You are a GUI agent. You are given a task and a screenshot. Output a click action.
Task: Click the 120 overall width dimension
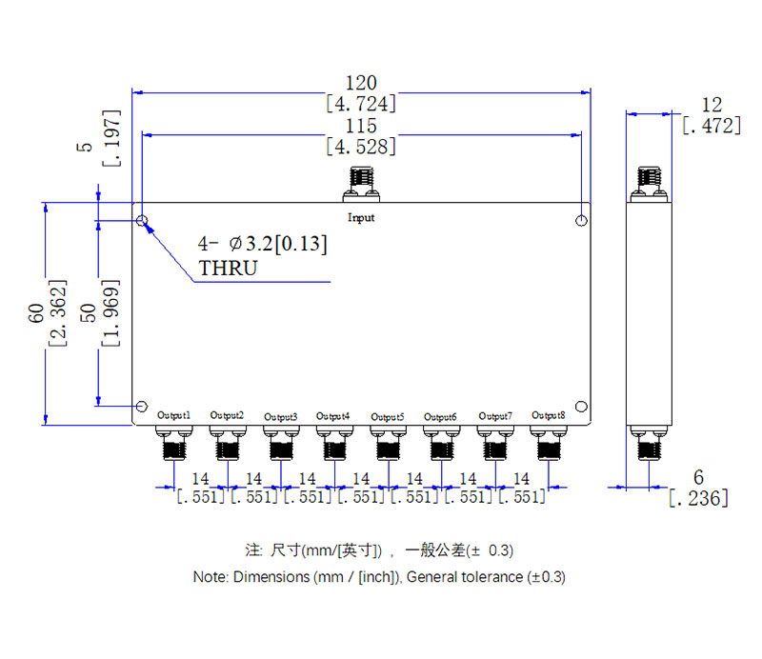(x=361, y=82)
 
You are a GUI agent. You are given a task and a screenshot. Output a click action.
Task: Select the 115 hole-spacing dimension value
(x=361, y=126)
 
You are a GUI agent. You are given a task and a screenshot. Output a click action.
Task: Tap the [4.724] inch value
(x=361, y=103)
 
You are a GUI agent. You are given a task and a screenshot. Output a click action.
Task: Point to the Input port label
(x=361, y=218)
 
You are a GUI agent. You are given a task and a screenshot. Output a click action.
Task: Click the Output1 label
(x=174, y=416)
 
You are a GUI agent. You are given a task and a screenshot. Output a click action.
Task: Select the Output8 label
(x=549, y=415)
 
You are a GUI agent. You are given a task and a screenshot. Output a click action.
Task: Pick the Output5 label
(x=388, y=416)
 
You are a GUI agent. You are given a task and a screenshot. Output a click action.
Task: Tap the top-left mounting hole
(x=142, y=221)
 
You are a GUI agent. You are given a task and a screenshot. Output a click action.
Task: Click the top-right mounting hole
(x=581, y=221)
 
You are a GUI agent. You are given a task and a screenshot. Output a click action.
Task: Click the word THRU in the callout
(x=228, y=269)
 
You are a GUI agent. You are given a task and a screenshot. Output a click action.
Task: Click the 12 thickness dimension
(x=711, y=105)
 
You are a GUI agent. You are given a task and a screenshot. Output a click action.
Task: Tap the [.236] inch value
(x=698, y=497)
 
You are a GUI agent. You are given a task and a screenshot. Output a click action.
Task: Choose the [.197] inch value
(x=111, y=138)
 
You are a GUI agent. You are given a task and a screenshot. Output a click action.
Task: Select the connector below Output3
(x=281, y=444)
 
